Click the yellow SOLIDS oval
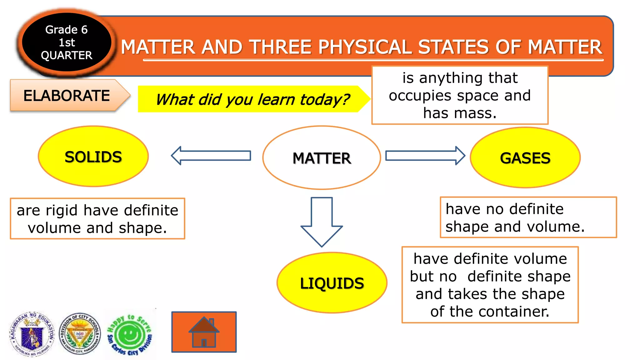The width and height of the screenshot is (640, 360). (93, 157)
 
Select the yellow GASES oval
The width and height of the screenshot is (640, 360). (525, 157)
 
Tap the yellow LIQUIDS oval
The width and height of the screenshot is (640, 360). (332, 283)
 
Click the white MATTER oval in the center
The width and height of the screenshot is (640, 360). (322, 158)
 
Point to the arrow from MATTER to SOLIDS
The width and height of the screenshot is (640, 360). (211, 155)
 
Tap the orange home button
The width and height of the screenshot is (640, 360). (204, 332)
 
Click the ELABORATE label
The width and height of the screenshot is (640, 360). (67, 96)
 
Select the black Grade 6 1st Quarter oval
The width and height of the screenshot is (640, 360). (66, 42)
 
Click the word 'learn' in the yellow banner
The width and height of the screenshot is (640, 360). (276, 100)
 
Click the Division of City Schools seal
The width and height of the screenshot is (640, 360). (80, 334)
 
